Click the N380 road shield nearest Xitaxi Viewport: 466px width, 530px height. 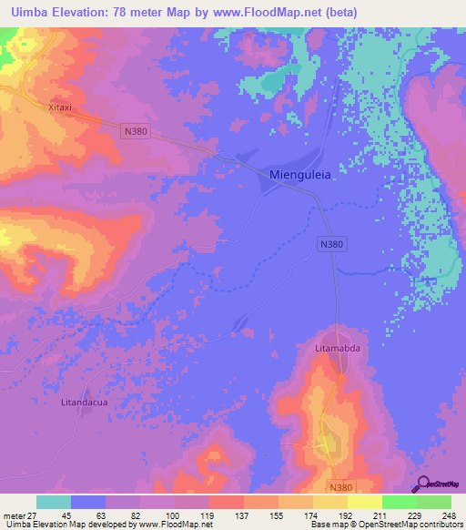[135, 132]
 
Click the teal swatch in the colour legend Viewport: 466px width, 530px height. [54, 502]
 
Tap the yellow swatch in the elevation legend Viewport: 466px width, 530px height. [364, 502]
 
